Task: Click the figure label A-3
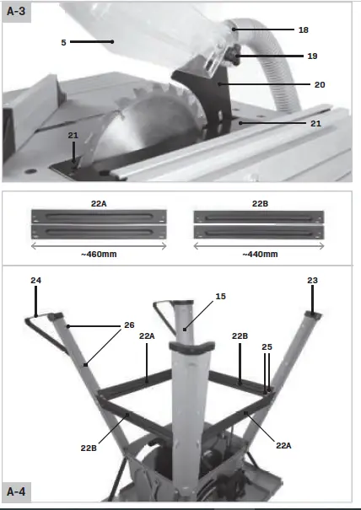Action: [x=17, y=12]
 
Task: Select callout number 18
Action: [x=302, y=30]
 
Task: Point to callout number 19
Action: [x=312, y=56]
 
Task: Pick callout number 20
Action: [x=319, y=84]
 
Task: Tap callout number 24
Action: [x=35, y=280]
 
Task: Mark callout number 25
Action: [x=267, y=346]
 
